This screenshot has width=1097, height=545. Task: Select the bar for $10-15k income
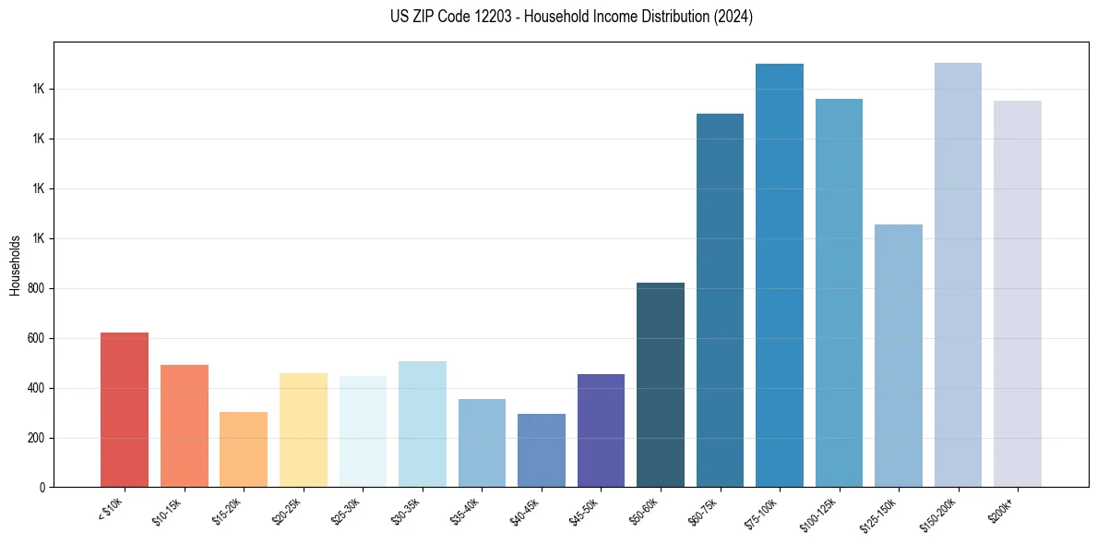[184, 426]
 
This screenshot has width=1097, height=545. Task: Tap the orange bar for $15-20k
[244, 449]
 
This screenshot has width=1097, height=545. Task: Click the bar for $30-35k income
[422, 424]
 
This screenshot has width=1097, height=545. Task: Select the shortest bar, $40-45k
[541, 450]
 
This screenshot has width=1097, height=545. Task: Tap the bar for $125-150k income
[899, 356]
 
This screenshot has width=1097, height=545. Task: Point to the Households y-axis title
[15, 265]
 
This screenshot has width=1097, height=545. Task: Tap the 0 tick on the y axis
[42, 487]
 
